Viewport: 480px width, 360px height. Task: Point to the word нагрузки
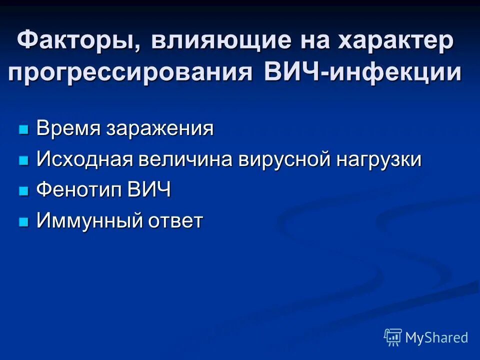click(378, 160)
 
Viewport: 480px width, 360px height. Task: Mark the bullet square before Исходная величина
click(23, 161)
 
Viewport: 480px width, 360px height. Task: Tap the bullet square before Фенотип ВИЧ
click(23, 191)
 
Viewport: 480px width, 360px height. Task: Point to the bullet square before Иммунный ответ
click(23, 222)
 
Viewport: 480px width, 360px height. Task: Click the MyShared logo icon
click(393, 337)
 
